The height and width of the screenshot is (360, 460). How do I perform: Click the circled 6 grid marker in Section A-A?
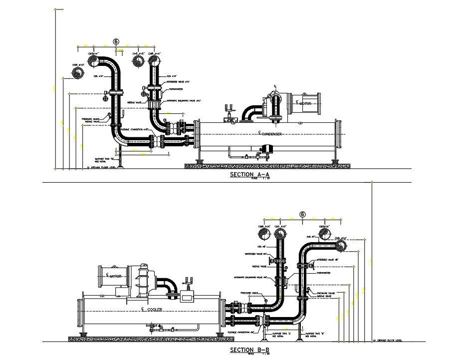(116, 42)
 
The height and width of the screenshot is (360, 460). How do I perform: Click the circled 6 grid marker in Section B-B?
(302, 214)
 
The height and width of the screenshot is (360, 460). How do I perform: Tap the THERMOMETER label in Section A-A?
(176, 89)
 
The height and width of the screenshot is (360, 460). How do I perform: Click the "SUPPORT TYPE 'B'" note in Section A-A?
(101, 159)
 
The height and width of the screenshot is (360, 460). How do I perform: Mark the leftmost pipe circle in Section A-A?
(78, 73)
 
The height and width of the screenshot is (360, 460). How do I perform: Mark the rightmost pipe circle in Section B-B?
(341, 245)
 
